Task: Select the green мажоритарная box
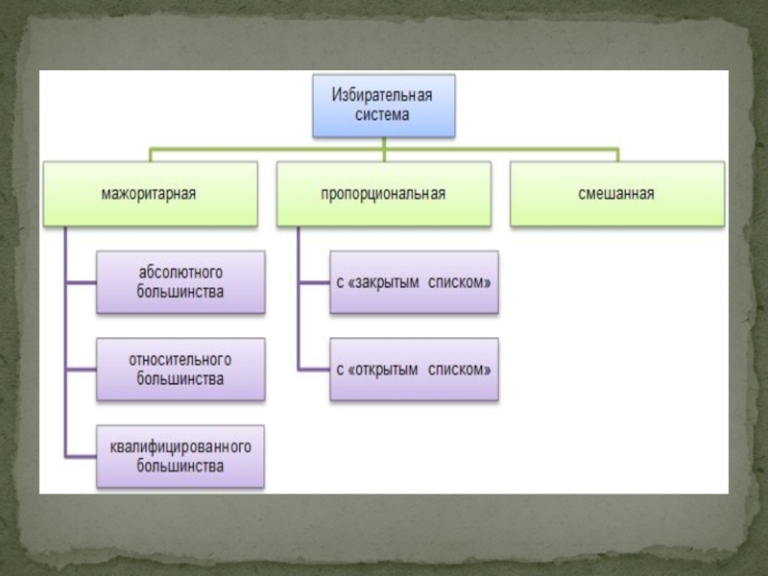click(149, 194)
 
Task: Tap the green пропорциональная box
click(383, 194)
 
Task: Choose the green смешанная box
click(616, 194)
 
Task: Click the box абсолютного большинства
click(180, 283)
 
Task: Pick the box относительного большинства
click(180, 370)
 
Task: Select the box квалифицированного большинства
click(180, 457)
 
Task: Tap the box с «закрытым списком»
click(414, 283)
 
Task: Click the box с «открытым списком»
click(414, 370)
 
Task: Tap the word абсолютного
click(180, 274)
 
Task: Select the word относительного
click(180, 360)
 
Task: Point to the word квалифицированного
click(180, 448)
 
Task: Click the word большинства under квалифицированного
click(180, 467)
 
